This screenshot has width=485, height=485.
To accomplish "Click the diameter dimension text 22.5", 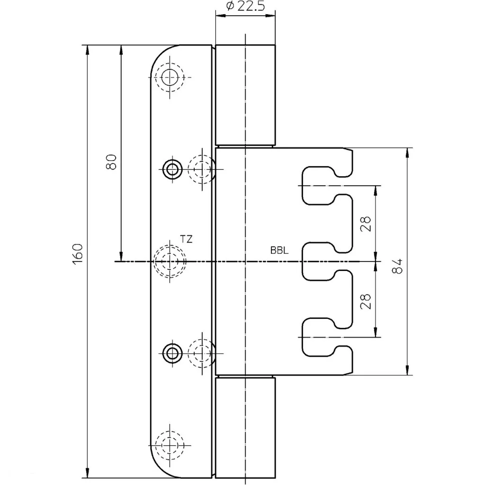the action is point(251,6).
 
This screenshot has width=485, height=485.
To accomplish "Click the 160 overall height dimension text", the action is point(78,254).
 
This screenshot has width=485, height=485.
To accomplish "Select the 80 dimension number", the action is point(111,162).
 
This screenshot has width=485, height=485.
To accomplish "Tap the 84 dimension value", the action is point(397,266).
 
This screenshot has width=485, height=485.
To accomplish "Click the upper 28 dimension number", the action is point(366,224).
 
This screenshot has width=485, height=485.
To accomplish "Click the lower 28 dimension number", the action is point(366,301).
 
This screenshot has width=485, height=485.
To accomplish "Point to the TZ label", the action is point(186,239).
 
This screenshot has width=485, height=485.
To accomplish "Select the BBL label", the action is point(279,250).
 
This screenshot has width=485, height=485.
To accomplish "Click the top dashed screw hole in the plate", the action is point(170,77).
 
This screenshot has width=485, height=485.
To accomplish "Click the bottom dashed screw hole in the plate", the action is point(170,445).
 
